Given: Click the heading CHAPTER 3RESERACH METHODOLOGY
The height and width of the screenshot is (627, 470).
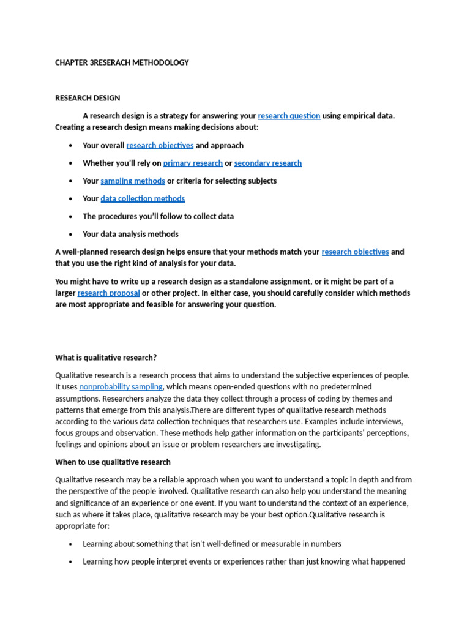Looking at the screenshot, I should click(122, 62).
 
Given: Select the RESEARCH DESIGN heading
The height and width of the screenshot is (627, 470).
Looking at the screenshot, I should click(88, 98).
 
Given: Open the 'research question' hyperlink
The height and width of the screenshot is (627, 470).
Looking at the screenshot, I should click(289, 116).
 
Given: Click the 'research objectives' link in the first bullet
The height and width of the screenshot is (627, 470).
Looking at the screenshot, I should click(160, 146).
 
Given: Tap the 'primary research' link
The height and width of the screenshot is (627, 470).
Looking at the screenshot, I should click(193, 163).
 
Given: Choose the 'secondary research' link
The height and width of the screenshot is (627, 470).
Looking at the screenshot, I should click(267, 163).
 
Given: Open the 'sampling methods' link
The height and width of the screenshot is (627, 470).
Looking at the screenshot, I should click(133, 181).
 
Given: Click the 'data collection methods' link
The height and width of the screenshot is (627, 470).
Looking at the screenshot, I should click(143, 199).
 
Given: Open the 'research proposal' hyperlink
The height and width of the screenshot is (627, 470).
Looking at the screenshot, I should click(108, 293).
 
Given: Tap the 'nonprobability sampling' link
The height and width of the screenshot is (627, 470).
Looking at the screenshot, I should click(121, 387).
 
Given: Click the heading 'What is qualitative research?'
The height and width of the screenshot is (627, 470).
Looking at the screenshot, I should click(106, 358).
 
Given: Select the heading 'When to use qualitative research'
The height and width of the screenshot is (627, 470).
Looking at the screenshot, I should click(113, 462).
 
